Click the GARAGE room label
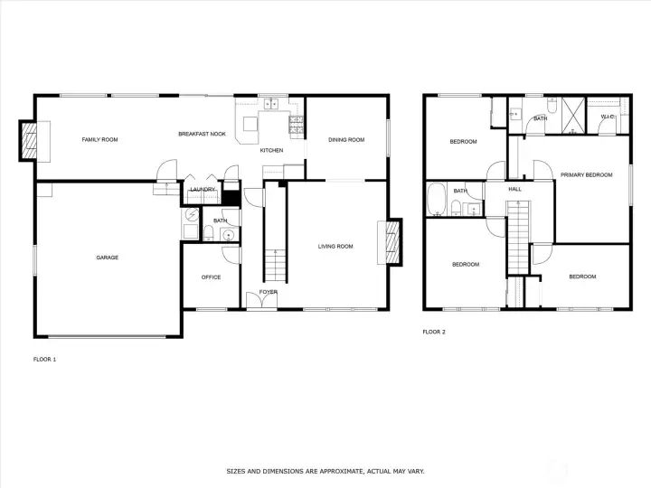(107, 258)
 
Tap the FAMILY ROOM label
(99, 140)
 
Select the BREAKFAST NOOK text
(203, 134)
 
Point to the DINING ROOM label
(346, 140)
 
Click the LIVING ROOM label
(335, 247)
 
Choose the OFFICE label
(211, 277)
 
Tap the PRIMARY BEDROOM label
(586, 175)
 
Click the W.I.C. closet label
(608, 117)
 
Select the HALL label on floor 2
(514, 189)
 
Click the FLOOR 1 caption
(44, 360)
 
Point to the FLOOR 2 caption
(434, 332)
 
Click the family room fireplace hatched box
(29, 141)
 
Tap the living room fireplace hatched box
(392, 242)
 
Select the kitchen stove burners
(296, 125)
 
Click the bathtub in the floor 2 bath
(436, 199)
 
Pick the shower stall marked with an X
(573, 116)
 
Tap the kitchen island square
(250, 124)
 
